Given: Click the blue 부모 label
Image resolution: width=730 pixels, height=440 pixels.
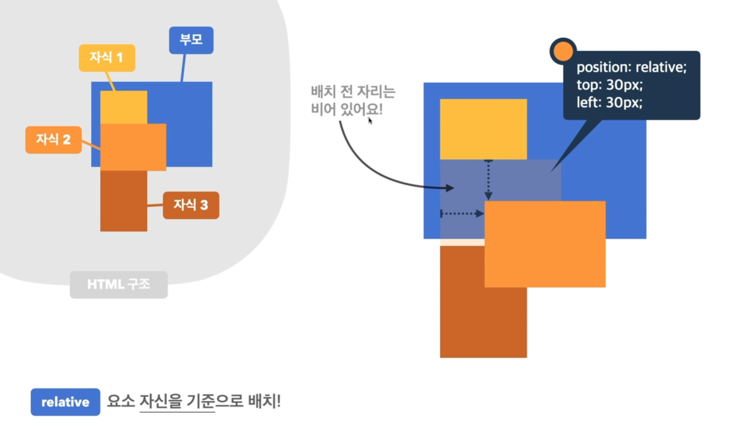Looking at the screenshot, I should click(191, 40).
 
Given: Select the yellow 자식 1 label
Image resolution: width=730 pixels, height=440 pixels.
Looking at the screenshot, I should click(107, 58).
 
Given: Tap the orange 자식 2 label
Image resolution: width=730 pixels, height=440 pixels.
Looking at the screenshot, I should click(53, 140).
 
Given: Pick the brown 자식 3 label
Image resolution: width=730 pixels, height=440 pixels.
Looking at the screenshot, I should click(191, 205).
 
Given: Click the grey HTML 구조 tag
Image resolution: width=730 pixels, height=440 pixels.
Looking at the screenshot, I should click(119, 284).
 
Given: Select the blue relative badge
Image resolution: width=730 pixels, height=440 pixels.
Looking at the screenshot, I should click(65, 402).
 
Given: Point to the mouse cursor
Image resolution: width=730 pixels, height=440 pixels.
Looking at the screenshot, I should click(370, 121).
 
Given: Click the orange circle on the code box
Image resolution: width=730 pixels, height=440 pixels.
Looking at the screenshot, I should click(563, 51).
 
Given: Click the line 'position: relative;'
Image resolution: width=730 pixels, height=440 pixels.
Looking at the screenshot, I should click(631, 67).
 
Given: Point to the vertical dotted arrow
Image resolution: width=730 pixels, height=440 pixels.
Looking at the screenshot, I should click(488, 180).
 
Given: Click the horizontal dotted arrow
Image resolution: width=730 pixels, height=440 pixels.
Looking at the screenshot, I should click(462, 213).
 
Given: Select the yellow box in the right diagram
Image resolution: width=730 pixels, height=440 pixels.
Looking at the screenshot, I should click(483, 129).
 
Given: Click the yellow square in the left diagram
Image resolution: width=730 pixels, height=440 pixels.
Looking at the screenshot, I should click(124, 107).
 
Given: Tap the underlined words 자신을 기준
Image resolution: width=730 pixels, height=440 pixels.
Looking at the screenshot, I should click(177, 401).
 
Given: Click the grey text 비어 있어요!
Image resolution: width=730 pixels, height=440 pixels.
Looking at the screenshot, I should click(346, 109).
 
